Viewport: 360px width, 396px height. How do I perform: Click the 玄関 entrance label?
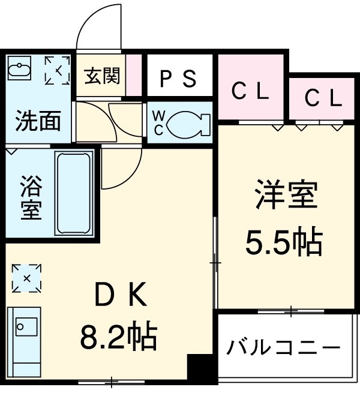[x=102, y=76]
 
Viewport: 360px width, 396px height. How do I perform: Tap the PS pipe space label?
[x=178, y=79]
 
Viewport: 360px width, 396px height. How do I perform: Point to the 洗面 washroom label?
[x=37, y=121]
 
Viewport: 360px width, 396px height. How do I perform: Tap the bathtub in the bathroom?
[x=73, y=193]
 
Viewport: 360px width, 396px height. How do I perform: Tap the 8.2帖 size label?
[x=119, y=337]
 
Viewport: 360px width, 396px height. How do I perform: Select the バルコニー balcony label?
[x=283, y=348]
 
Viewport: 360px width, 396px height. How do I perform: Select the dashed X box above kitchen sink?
[x=27, y=278]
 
